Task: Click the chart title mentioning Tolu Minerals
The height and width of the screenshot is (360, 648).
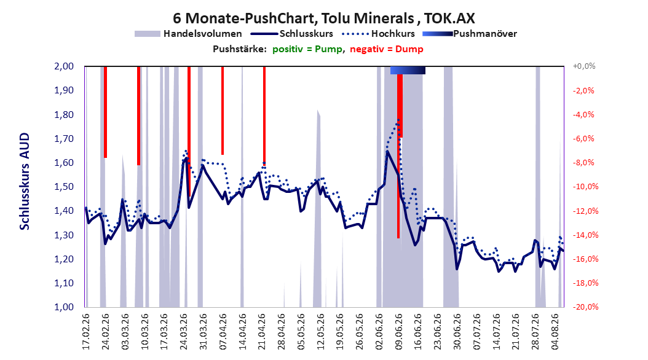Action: click(x=323, y=18)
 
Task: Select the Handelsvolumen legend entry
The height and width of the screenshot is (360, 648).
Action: click(x=189, y=34)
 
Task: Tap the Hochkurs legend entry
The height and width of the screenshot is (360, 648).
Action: click(x=377, y=34)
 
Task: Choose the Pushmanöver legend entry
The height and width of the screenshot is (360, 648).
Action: click(x=470, y=34)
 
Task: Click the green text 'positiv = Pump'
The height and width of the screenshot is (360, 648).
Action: click(x=307, y=49)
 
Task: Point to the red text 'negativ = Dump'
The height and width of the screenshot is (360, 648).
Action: click(x=387, y=49)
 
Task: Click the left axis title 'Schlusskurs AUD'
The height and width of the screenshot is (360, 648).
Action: click(x=25, y=181)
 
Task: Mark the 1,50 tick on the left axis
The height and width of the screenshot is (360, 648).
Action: click(x=64, y=187)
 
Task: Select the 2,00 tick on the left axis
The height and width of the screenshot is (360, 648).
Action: click(x=64, y=66)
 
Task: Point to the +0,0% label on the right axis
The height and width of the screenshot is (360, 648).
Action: click(x=584, y=66)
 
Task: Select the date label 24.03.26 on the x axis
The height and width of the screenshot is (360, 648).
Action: click(x=184, y=332)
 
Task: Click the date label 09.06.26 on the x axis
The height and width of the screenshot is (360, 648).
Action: click(x=399, y=332)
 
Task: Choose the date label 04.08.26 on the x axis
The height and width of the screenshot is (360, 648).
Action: click(x=555, y=332)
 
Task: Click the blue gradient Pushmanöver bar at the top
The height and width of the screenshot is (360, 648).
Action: click(x=408, y=71)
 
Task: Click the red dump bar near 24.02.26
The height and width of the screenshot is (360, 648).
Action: click(x=105, y=112)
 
